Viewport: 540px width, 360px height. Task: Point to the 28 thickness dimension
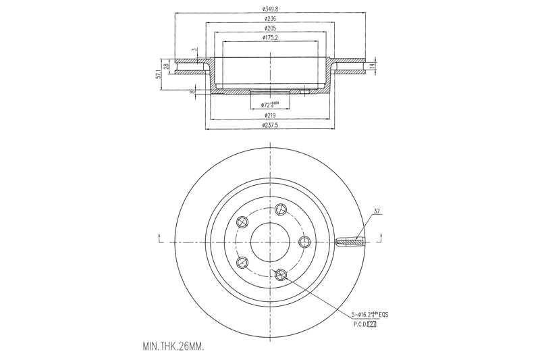tap(166, 66)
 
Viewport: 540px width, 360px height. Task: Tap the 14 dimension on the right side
tap(373, 66)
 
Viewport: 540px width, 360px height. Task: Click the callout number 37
tap(377, 211)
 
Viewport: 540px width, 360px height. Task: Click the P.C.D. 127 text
tap(364, 324)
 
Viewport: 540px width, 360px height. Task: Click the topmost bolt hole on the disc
tap(281, 207)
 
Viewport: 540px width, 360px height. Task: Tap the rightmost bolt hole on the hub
tap(304, 242)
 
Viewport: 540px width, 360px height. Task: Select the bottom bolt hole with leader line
tap(281, 274)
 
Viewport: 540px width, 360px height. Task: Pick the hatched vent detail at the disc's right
tap(350, 241)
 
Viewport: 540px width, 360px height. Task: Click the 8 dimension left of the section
tap(192, 91)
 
